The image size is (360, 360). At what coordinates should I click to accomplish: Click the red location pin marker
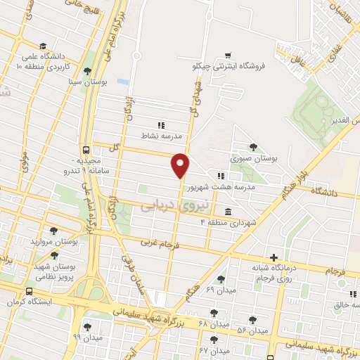[181, 165]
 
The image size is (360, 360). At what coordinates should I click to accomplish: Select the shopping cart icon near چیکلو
[227, 54]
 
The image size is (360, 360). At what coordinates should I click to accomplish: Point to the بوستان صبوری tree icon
[252, 147]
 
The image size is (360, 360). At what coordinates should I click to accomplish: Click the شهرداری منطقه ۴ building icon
[228, 212]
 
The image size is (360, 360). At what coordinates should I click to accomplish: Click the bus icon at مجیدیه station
[86, 150]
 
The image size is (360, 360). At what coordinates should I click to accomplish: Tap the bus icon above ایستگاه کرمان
[29, 292]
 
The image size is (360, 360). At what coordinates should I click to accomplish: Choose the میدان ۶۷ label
[214, 349]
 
